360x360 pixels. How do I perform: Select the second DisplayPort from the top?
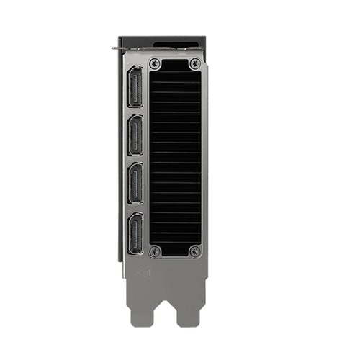(135, 136)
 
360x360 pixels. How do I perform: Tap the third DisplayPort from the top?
(135, 186)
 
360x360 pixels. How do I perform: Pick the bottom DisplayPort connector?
(135, 235)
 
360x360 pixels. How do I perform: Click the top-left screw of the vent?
(155, 64)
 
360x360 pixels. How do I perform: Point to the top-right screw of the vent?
(194, 64)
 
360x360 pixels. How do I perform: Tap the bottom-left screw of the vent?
(155, 251)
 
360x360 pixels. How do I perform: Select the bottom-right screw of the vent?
(194, 251)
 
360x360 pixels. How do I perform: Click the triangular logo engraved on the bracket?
(144, 272)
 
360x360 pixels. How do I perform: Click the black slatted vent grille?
(175, 158)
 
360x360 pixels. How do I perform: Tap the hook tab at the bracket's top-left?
(116, 49)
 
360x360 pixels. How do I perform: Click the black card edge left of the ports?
(120, 158)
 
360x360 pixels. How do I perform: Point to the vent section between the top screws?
(175, 64)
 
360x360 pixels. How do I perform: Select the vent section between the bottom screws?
(175, 251)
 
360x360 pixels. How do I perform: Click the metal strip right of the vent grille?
(205, 158)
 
